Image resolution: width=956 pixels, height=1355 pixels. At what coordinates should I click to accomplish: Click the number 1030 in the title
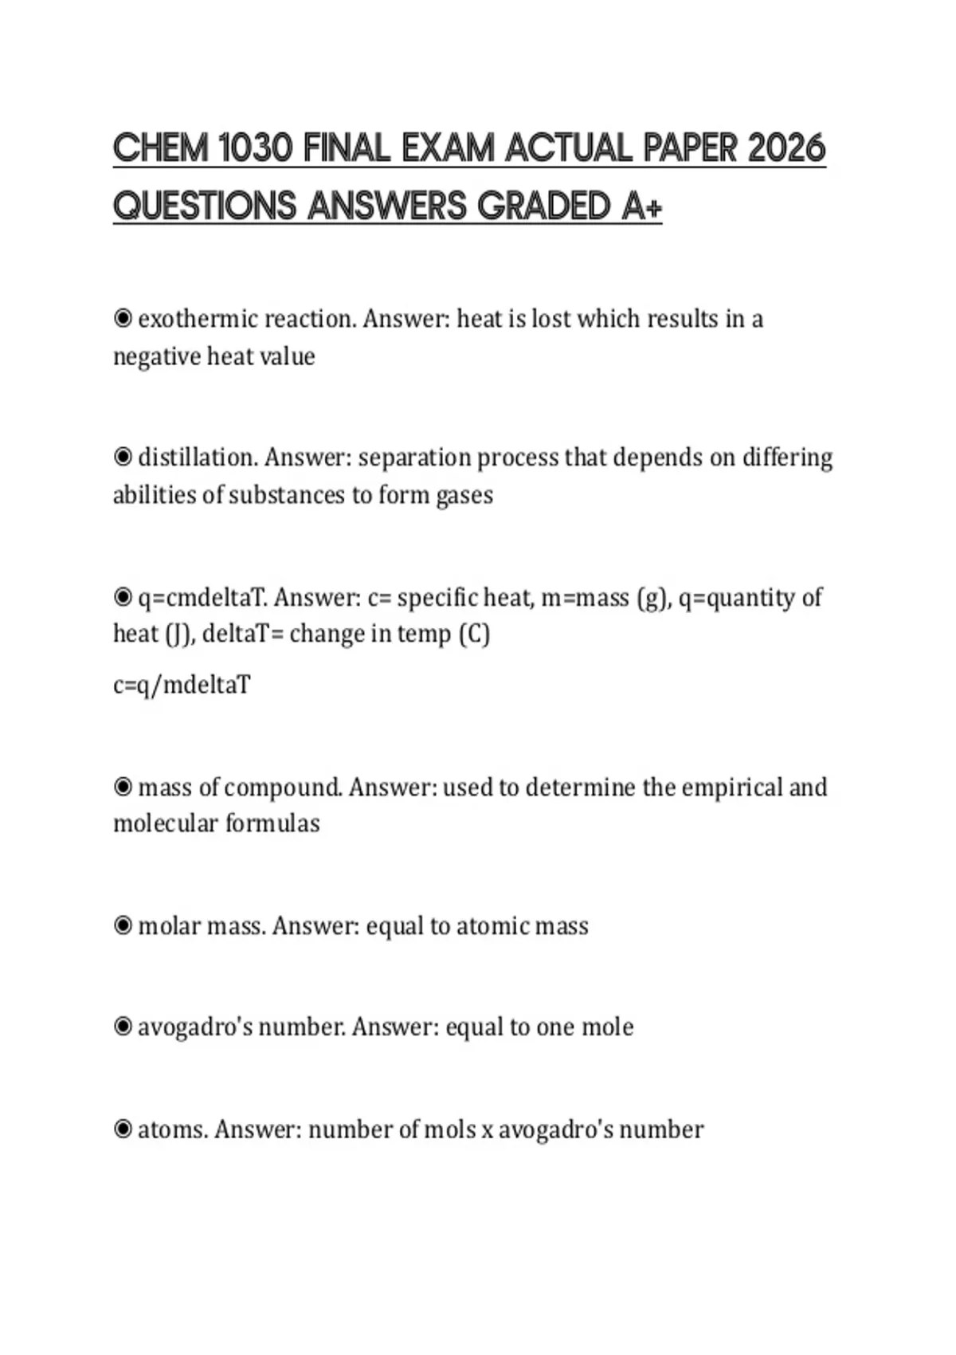tap(255, 148)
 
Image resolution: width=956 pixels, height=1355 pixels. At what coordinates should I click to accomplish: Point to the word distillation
tap(198, 458)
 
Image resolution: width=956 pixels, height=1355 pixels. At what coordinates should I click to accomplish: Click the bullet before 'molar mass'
tap(123, 925)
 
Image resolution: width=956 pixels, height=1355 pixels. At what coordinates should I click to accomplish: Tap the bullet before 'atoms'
tap(123, 1129)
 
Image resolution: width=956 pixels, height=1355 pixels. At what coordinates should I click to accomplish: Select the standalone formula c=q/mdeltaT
tap(182, 685)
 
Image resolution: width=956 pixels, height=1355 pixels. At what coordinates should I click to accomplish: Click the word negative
tap(157, 356)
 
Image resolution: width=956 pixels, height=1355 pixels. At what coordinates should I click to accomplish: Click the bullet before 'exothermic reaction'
tap(123, 319)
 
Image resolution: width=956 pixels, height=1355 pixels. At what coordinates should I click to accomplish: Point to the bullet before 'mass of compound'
tap(123, 787)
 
